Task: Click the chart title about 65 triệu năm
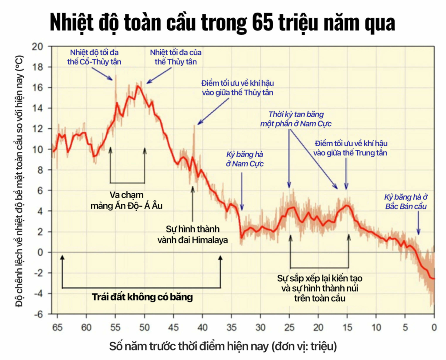(x=223, y=22)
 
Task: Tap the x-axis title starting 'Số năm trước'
(x=223, y=347)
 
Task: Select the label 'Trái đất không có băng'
(x=142, y=298)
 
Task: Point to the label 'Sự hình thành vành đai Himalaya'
(x=193, y=234)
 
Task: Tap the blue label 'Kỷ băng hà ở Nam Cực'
(x=245, y=159)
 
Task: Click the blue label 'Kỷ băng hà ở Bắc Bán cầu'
(x=406, y=202)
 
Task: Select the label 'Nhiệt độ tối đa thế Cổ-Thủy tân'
(x=95, y=57)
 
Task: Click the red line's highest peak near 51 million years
(x=139, y=86)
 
